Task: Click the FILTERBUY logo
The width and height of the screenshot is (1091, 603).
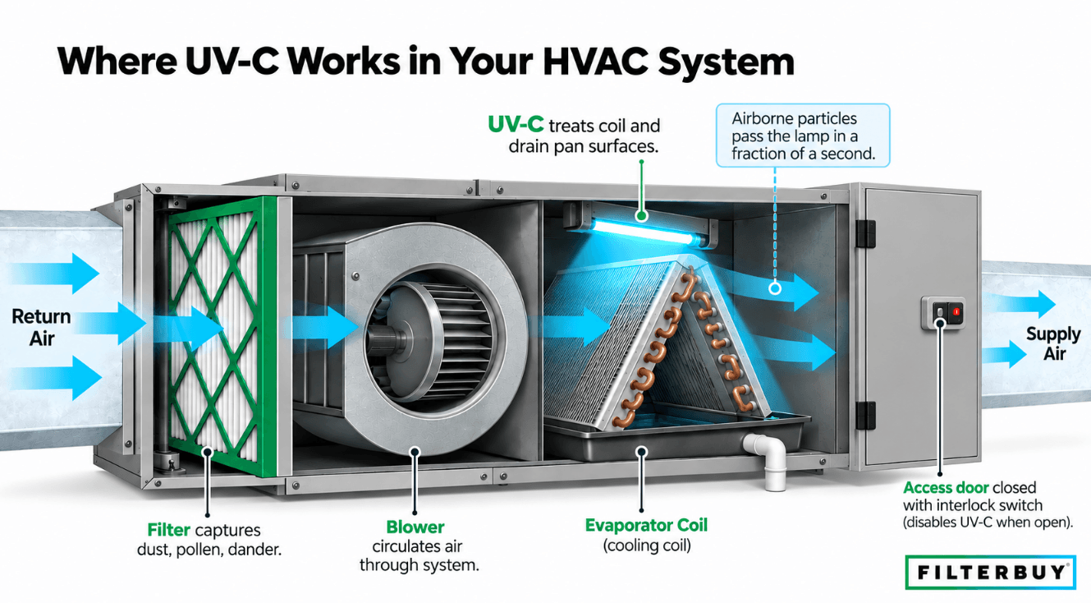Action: (x=990, y=572)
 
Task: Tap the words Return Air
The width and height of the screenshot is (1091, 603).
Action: (x=41, y=327)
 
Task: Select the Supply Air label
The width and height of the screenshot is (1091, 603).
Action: (x=1053, y=343)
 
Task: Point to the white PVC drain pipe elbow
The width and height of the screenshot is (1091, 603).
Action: (x=767, y=458)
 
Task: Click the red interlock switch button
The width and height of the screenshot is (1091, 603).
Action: (x=956, y=311)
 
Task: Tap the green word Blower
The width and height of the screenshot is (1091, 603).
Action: (x=415, y=527)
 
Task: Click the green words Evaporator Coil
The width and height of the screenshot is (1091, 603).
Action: (x=646, y=525)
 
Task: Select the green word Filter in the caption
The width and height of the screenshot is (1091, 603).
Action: (x=168, y=530)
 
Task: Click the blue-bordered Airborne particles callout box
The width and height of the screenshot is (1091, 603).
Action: (x=803, y=136)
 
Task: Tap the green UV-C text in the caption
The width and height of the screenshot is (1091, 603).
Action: (x=516, y=125)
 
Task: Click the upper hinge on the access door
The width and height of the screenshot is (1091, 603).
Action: (x=865, y=233)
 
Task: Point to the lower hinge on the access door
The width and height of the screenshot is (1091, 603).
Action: (x=865, y=416)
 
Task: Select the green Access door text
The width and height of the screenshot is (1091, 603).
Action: (x=946, y=487)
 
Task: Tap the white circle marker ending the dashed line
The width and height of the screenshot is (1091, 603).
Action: (x=774, y=288)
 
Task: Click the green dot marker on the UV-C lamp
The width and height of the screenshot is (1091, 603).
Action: (x=642, y=215)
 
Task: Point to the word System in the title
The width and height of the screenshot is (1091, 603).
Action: (x=727, y=62)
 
